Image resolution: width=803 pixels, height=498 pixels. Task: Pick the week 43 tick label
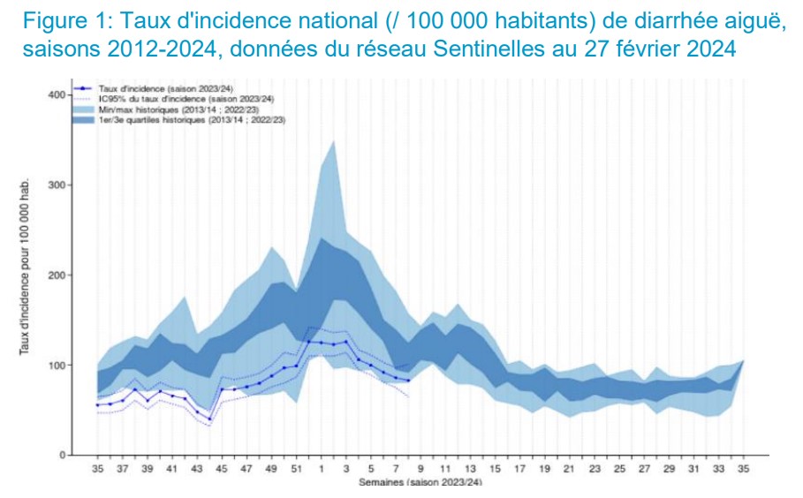click(196, 469)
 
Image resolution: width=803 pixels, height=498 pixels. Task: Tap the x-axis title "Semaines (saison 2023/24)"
click(420, 483)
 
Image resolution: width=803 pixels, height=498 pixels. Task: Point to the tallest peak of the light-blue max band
click(333, 140)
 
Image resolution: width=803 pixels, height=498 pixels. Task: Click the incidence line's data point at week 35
click(98, 405)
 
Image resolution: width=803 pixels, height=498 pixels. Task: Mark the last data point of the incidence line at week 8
click(408, 381)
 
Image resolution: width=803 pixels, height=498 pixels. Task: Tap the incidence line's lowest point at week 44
click(209, 420)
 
